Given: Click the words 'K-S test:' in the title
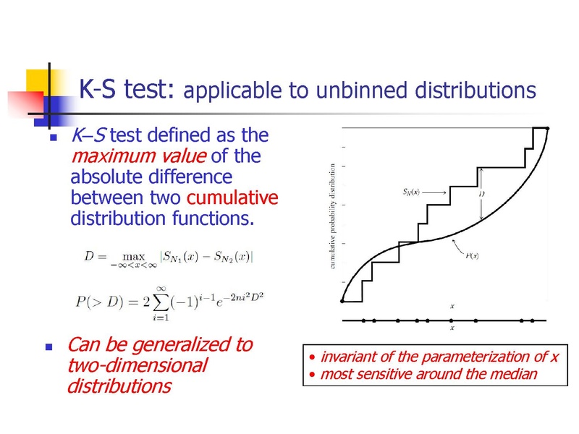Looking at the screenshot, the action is pyautogui.click(x=126, y=89).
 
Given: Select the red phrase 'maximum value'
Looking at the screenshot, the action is pyautogui.click(x=139, y=156).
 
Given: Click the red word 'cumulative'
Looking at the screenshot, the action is pyautogui.click(x=232, y=197).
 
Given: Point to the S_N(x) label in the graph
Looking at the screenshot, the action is pyautogui.click(x=411, y=192).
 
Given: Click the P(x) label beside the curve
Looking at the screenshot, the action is pyautogui.click(x=472, y=255).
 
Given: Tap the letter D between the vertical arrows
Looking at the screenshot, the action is pyautogui.click(x=481, y=194).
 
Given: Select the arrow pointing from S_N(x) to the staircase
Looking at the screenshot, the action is pyautogui.click(x=434, y=192).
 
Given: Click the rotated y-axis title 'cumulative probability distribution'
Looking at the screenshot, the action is pyautogui.click(x=333, y=216).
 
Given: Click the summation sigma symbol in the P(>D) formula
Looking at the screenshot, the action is pyautogui.click(x=161, y=302).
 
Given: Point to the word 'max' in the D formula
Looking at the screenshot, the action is pyautogui.click(x=134, y=256).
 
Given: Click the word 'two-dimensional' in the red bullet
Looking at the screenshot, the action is pyautogui.click(x=138, y=366).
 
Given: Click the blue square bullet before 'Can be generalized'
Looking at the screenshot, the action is pyautogui.click(x=48, y=347).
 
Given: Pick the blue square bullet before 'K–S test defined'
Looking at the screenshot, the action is pyautogui.click(x=54, y=137).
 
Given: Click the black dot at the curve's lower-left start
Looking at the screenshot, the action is pyautogui.click(x=342, y=301).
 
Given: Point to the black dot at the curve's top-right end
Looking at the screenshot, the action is pyautogui.click(x=548, y=129).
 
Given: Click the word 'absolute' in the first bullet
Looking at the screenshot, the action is pyautogui.click(x=107, y=176).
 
